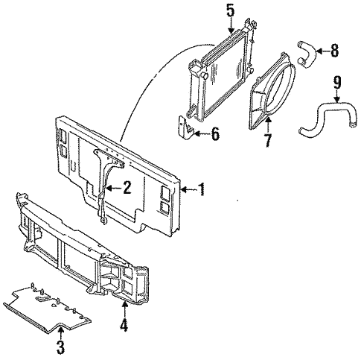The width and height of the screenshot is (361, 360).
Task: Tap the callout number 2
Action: coord(127,188)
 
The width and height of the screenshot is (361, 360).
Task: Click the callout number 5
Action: coord(230,11)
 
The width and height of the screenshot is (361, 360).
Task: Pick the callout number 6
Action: coord(216,134)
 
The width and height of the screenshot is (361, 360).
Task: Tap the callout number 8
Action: coord(333,51)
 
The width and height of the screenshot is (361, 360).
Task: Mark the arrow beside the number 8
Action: coord(320,51)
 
